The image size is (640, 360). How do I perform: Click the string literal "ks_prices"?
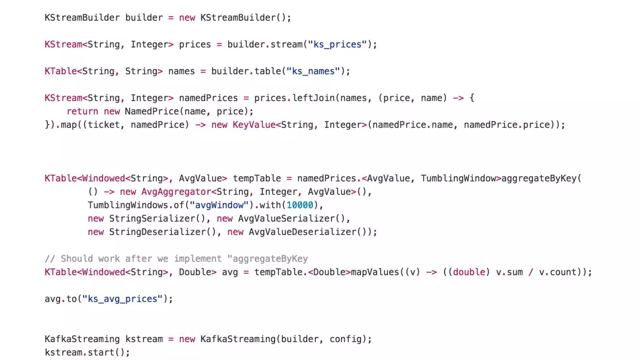point(337,44)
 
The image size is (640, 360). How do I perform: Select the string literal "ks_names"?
point(313,71)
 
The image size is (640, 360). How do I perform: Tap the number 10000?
point(300,205)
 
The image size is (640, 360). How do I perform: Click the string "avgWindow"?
point(219,205)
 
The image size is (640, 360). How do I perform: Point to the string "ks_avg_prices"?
point(122,299)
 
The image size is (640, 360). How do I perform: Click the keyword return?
point(82,111)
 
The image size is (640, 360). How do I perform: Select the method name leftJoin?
point(313,98)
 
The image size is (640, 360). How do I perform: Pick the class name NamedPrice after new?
point(152,111)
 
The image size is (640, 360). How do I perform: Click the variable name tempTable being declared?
point(257,178)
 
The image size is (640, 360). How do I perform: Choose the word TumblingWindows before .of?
point(127,205)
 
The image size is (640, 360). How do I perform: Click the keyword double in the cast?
point(469,272)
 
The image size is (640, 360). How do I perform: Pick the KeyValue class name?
point(254,125)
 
